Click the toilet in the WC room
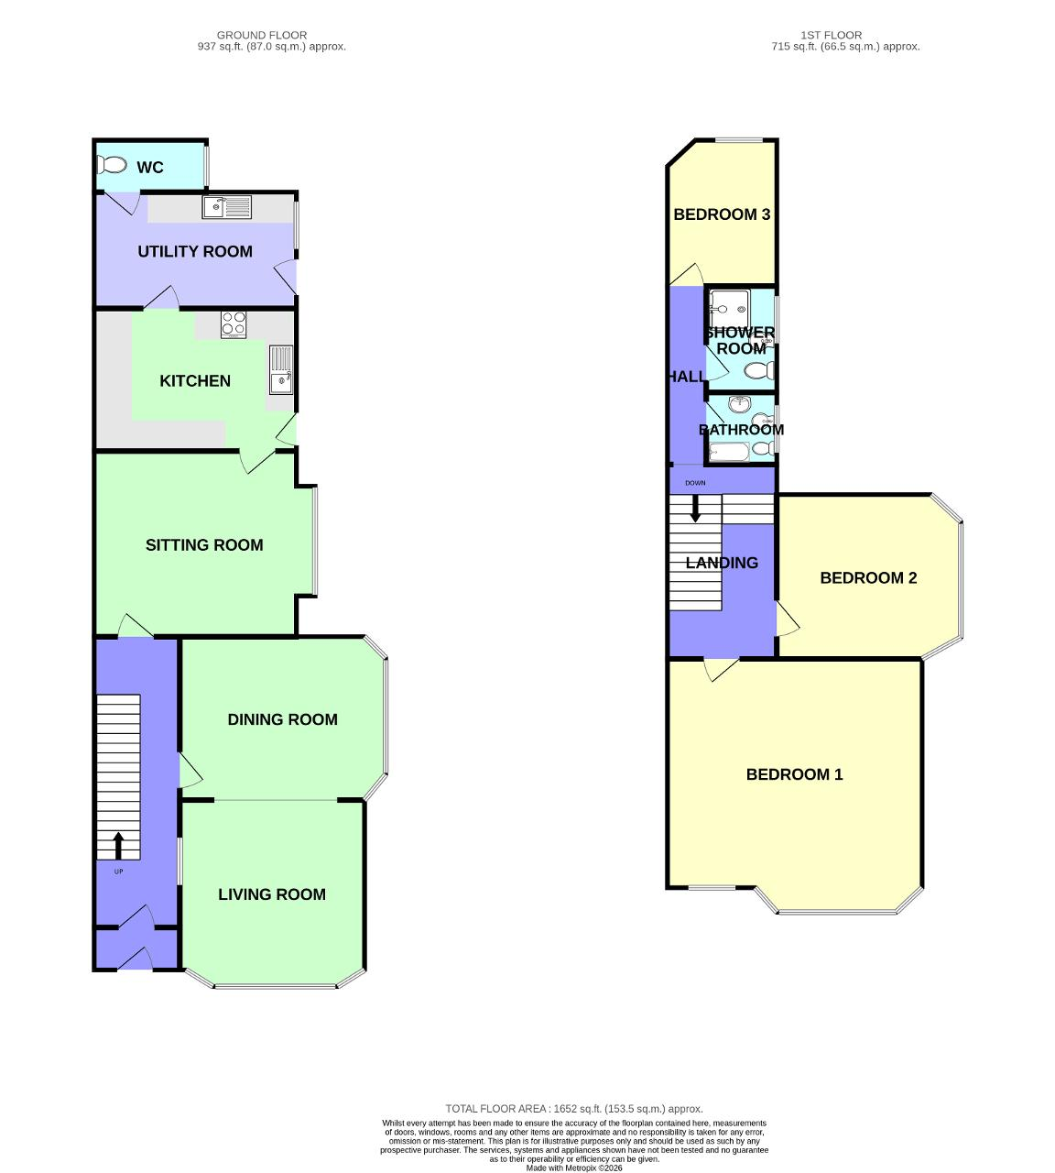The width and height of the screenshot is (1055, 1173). pos(112,165)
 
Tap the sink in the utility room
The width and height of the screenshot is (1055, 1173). pos(226,207)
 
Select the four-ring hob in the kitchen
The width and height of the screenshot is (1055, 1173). pos(234,323)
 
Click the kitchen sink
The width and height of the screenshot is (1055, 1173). pos(281,368)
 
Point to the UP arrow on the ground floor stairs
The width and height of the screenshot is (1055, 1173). pos(118,845)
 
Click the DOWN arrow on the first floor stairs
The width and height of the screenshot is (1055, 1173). pos(695,509)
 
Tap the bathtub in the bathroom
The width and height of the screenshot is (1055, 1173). pos(729,451)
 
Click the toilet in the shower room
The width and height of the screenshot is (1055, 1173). pos(758,370)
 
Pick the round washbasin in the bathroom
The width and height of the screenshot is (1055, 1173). pos(740,403)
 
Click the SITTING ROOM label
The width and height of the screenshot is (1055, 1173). pos(204,545)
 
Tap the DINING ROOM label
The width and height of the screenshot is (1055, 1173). pos(282,719)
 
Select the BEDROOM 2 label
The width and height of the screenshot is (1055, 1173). pos(868,577)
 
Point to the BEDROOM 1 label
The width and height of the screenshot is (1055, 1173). pos(794,774)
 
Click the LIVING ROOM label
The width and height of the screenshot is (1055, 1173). pos(272,894)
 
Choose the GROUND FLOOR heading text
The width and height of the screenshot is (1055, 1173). pos(262,35)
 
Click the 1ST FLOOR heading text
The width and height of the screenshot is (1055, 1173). pos(831,35)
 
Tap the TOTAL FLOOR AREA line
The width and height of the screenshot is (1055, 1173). pos(574,1109)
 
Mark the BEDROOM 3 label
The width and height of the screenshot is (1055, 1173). pos(722,214)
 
